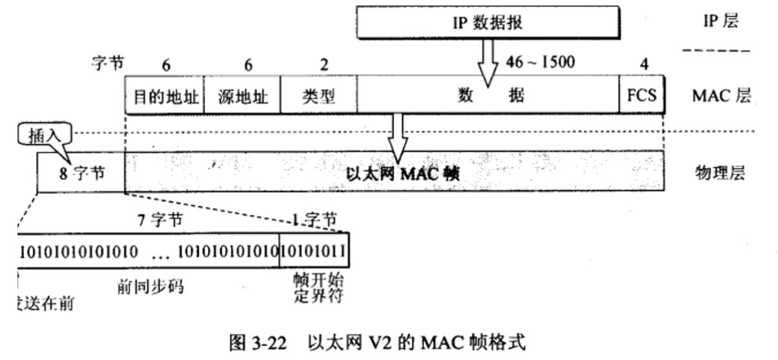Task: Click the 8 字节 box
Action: tap(81, 173)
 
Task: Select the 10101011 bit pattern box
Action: tap(314, 250)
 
